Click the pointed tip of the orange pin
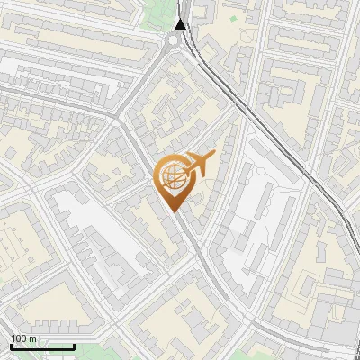pyautogui.click(x=174, y=212)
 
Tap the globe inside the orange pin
pyautogui.click(x=174, y=178)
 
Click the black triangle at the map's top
pyautogui.click(x=181, y=24)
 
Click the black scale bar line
pyautogui.click(x=42, y=346)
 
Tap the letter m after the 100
pyautogui.click(x=33, y=338)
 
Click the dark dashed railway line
pyautogui.click(x=270, y=135)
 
